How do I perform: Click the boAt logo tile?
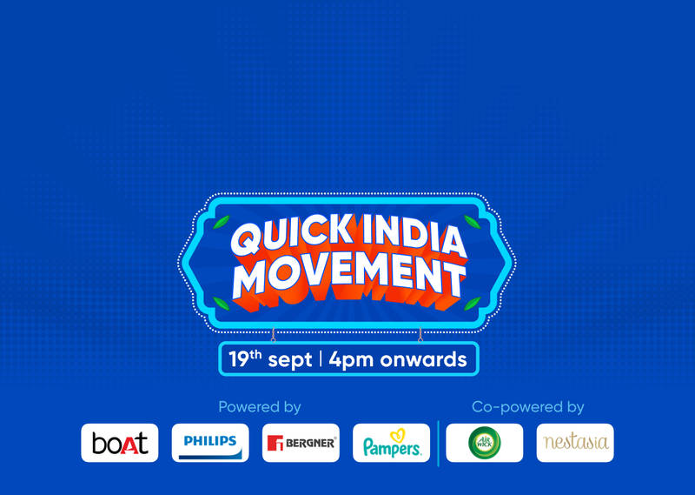(x=120, y=443)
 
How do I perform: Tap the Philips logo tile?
(x=210, y=443)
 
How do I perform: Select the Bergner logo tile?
(x=301, y=443)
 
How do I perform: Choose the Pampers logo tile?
(x=391, y=443)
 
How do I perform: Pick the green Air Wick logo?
(x=484, y=443)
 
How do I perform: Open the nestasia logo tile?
(x=575, y=443)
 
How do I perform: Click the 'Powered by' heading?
(x=259, y=407)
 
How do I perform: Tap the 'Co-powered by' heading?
(x=528, y=407)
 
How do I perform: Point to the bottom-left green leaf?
(x=225, y=304)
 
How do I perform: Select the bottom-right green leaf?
(x=473, y=304)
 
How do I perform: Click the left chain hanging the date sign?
(x=275, y=335)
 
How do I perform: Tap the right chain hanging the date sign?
(x=420, y=335)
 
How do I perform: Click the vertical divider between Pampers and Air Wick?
(x=438, y=443)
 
